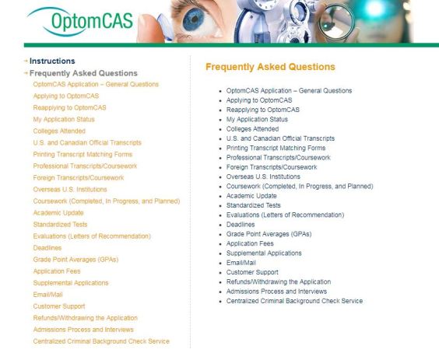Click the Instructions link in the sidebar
pos(52,61)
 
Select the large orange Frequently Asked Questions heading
pos(270,68)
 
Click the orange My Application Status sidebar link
pos(64,119)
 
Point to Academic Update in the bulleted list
pos(251,196)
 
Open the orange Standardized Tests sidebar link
pos(60,225)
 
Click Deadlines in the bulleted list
pos(241,225)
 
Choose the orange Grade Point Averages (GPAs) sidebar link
pos(76,260)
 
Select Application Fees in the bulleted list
pos(250,243)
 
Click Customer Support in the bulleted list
pos(253,272)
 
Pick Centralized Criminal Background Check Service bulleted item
pos(294,301)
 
